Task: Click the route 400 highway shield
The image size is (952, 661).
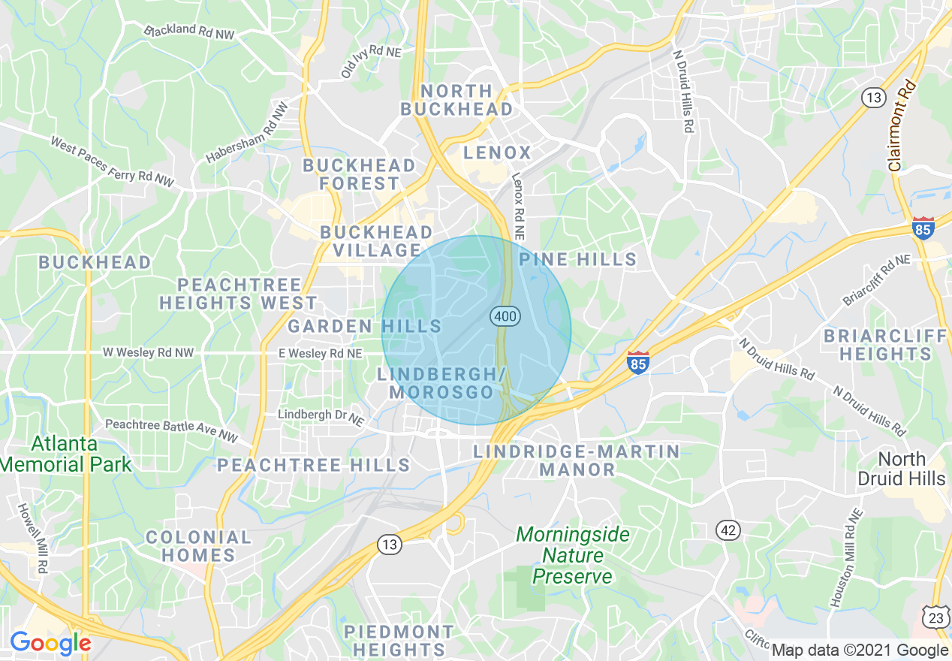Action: pyautogui.click(x=505, y=316)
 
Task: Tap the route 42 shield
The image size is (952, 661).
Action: pyautogui.click(x=728, y=530)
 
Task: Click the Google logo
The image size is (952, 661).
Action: pyautogui.click(x=50, y=643)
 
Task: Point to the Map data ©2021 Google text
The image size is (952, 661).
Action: pyautogui.click(x=860, y=650)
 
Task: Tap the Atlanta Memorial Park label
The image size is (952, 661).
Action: pyautogui.click(x=65, y=454)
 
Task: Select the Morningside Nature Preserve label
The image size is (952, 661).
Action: pyautogui.click(x=574, y=556)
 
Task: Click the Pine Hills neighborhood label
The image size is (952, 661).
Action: pyautogui.click(x=578, y=260)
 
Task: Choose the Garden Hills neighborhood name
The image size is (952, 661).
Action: pyautogui.click(x=365, y=326)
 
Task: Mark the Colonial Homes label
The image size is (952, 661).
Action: pyautogui.click(x=198, y=546)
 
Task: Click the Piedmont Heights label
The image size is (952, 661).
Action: pyautogui.click(x=399, y=640)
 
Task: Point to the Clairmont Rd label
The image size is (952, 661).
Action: pyautogui.click(x=902, y=125)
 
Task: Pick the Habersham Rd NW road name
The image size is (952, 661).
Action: pyautogui.click(x=248, y=133)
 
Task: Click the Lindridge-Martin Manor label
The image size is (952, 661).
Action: pyautogui.click(x=577, y=460)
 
